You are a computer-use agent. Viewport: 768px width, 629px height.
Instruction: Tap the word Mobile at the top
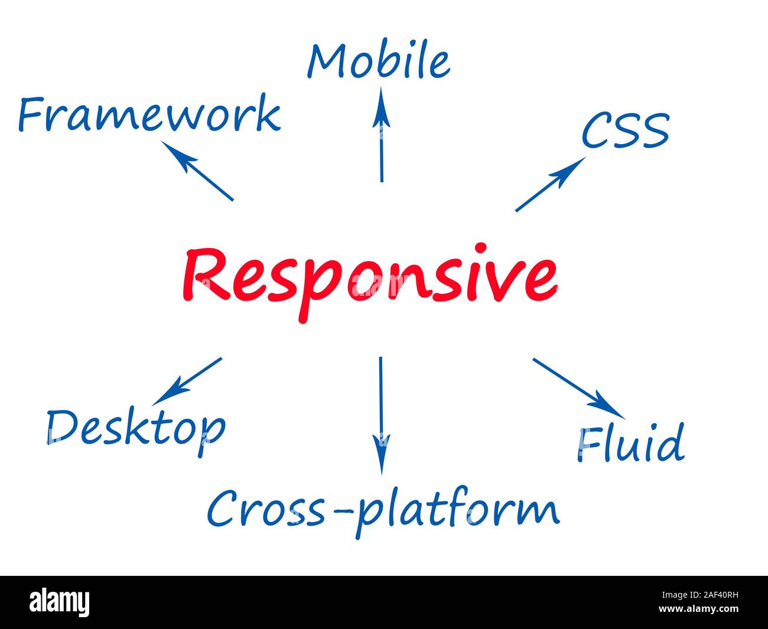click(x=379, y=61)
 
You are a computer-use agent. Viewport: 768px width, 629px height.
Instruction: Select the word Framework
click(x=149, y=115)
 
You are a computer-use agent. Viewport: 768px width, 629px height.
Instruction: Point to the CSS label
click(x=625, y=131)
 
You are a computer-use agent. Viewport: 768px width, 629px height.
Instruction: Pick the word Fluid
click(x=630, y=444)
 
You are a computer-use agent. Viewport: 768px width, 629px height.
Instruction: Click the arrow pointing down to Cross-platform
click(x=381, y=413)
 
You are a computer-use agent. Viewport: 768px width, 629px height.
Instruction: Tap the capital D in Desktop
click(x=63, y=426)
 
